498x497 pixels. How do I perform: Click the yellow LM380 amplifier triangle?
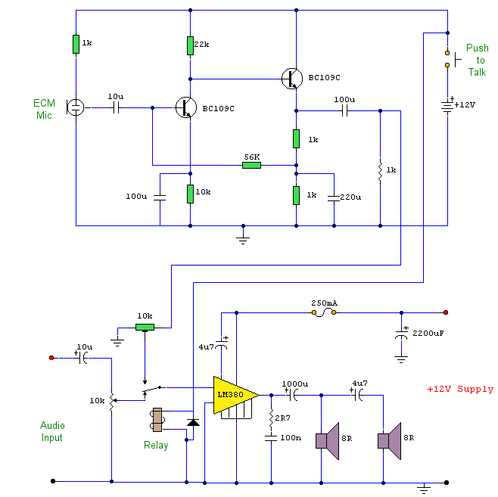tap(232, 394)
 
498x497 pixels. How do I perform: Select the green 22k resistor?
tap(190, 45)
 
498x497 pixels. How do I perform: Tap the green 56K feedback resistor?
tap(251, 165)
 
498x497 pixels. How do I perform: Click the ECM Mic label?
tap(44, 109)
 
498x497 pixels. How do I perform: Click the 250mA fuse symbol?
tap(324, 312)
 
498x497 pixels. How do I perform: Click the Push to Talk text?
tap(477, 60)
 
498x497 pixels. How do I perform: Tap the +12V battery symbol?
tap(447, 104)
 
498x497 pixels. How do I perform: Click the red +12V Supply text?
tap(460, 389)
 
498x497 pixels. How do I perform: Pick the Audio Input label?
tap(51, 432)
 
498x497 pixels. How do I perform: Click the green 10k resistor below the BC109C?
tap(190, 194)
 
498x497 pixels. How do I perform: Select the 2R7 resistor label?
tap(282, 418)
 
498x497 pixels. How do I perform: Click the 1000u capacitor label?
tap(294, 383)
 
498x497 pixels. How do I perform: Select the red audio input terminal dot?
tap(51, 357)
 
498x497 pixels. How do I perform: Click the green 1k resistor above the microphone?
tap(76, 44)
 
